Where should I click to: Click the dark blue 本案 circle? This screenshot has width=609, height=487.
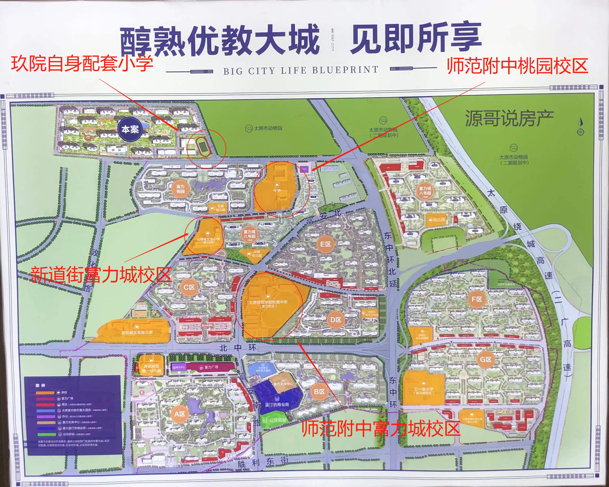coord(130,129)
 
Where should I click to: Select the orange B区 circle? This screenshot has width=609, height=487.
coord(319,392)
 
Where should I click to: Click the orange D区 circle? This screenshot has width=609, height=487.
coord(336,320)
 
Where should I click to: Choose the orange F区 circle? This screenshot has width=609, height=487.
coord(477,299)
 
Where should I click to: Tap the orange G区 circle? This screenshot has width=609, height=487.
coord(486,359)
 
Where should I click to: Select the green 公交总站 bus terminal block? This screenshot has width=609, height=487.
coord(275,420)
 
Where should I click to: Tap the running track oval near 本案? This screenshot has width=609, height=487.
coord(202,145)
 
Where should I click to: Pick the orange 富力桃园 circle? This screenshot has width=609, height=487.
coord(180,189)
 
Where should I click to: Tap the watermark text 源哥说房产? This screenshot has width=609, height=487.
coord(509,118)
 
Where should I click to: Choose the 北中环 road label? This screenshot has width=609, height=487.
coord(238,348)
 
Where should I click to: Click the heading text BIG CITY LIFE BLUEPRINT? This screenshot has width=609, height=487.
coord(301,70)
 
